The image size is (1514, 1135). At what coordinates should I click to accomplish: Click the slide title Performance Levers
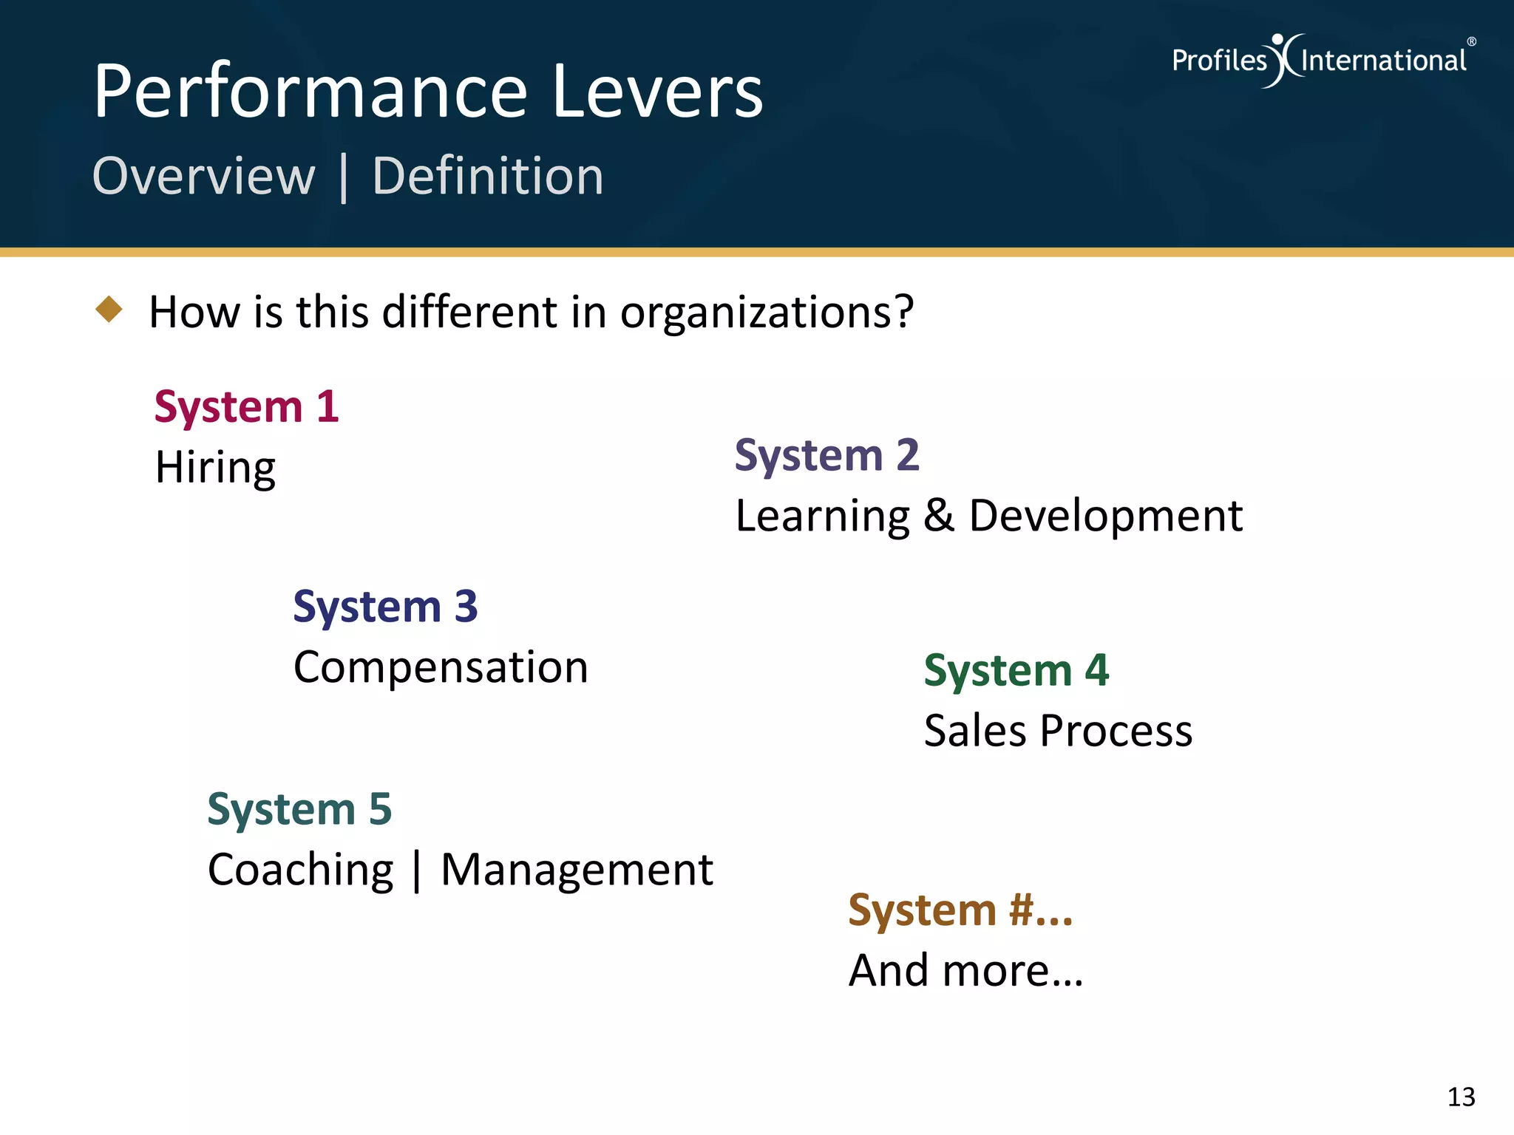428,91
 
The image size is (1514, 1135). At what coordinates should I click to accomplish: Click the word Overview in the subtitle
204,177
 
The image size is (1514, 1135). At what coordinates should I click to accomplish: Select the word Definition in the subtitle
488,177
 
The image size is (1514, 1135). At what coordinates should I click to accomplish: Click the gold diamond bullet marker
109,310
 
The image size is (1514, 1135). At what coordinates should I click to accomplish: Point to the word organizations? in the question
767,313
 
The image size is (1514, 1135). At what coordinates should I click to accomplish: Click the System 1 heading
246,407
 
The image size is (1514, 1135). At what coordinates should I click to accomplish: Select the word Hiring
215,468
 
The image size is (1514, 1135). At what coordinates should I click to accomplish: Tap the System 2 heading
826,455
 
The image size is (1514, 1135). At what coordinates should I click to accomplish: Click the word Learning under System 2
822,517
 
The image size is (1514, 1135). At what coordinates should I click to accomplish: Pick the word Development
1105,517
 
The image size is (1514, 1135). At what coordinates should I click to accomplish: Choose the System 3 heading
385,607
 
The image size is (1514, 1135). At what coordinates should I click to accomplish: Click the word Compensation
441,668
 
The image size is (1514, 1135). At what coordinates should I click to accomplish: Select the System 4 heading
1016,671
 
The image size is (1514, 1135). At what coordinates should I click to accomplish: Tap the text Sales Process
1058,732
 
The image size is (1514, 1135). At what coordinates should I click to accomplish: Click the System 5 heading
299,809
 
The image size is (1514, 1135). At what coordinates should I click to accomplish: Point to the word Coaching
300,870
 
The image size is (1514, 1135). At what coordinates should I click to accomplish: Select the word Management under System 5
577,870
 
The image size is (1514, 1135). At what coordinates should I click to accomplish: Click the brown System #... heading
960,910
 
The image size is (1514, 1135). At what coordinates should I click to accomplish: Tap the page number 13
1461,1097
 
